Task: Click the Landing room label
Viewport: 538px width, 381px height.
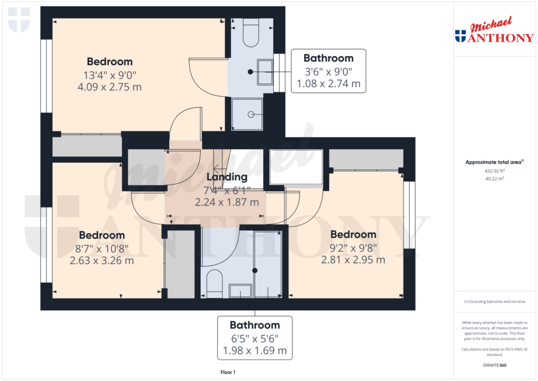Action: click(226, 177)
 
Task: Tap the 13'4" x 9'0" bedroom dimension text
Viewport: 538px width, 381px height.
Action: click(109, 75)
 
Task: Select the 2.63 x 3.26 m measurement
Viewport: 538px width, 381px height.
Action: click(101, 260)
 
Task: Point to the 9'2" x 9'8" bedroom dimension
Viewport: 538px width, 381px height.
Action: click(353, 247)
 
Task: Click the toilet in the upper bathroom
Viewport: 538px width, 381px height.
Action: click(251, 33)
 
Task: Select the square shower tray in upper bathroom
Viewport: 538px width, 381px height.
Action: click(247, 114)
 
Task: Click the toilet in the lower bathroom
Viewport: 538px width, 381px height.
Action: click(215, 284)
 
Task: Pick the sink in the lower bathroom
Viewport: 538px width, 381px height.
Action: click(241, 290)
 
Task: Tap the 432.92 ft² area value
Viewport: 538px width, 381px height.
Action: click(494, 171)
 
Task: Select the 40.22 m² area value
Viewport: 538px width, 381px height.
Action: click(494, 179)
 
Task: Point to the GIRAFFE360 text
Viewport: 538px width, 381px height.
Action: click(494, 365)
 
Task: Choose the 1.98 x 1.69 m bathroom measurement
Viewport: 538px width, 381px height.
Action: click(255, 350)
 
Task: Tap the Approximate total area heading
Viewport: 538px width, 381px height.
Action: click(494, 162)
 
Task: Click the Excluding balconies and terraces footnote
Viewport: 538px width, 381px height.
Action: click(494, 302)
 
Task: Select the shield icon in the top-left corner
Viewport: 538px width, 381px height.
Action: click(19, 20)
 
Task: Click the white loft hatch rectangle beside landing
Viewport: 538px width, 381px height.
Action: click(295, 167)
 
